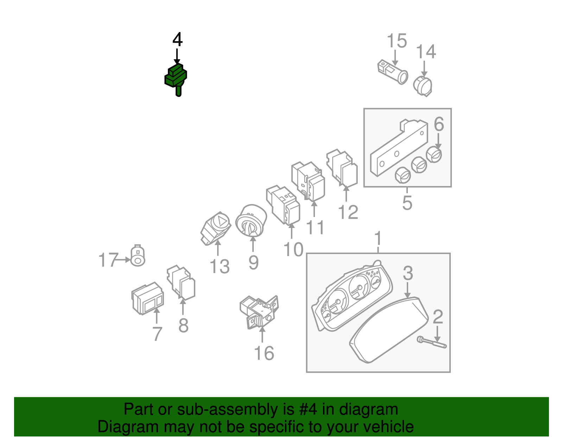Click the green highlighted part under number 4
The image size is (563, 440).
click(176, 78)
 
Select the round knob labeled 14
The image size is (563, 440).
click(423, 86)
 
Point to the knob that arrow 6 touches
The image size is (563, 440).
click(434, 155)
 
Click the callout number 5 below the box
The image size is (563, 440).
click(407, 203)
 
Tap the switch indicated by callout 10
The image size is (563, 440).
click(284, 205)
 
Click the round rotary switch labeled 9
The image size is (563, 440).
click(251, 221)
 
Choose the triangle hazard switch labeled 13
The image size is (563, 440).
click(215, 228)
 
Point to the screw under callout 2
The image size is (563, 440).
click(432, 342)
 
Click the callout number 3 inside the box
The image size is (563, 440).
click(407, 273)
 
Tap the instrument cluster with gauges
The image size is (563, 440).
click(352, 296)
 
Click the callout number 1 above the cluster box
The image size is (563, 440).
click(378, 238)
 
